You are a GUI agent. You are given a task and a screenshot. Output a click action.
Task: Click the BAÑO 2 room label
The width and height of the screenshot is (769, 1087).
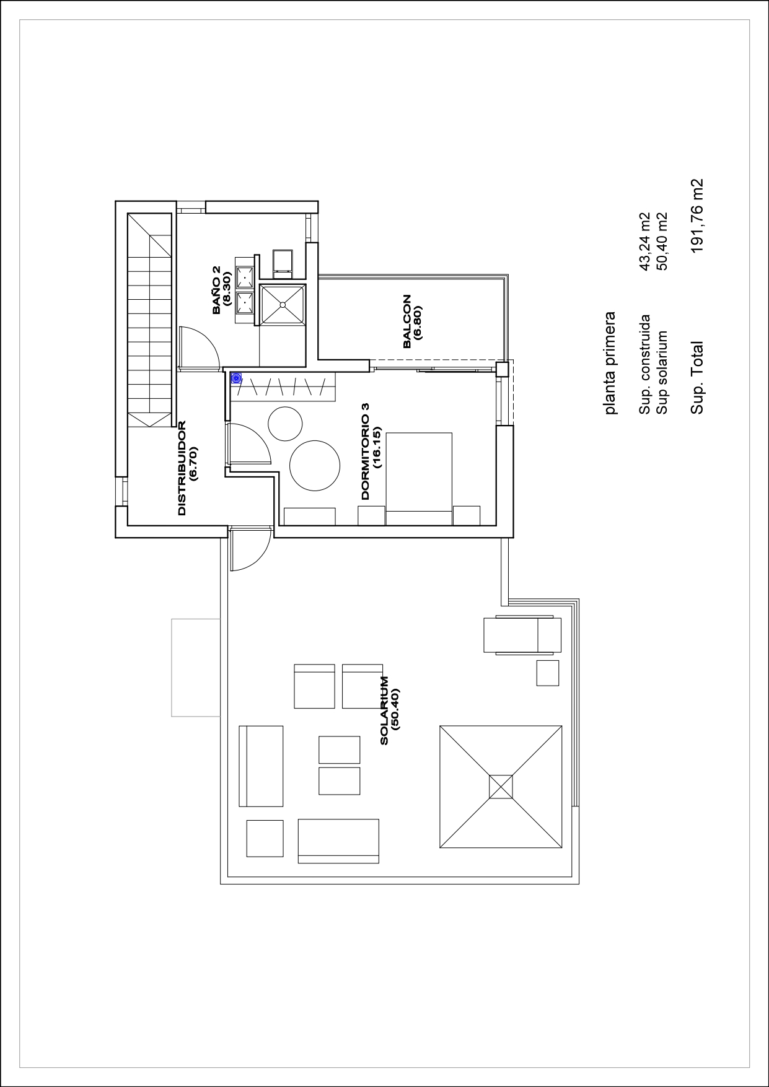216,290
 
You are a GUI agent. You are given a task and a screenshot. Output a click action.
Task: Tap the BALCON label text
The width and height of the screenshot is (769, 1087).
406,321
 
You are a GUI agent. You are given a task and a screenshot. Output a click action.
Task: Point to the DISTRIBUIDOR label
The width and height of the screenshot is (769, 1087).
182,468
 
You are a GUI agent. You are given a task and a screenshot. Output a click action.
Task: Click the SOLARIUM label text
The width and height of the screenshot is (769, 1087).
384,710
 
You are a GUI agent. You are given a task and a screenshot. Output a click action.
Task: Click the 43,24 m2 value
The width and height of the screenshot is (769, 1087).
645,242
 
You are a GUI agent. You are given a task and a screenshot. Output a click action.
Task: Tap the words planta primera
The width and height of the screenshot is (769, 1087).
610,363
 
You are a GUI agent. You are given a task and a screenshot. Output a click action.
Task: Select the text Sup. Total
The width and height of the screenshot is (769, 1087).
697,378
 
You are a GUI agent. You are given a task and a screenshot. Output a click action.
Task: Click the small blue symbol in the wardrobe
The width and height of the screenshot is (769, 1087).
236,378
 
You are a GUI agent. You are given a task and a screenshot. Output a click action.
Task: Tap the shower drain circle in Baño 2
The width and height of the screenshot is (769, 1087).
283,304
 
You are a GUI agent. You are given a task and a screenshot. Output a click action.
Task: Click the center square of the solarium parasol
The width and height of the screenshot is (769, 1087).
501,787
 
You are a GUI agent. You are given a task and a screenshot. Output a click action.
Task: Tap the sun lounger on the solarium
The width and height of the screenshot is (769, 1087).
522,635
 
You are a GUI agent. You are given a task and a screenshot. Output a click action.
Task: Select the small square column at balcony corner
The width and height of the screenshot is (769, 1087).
503,370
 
